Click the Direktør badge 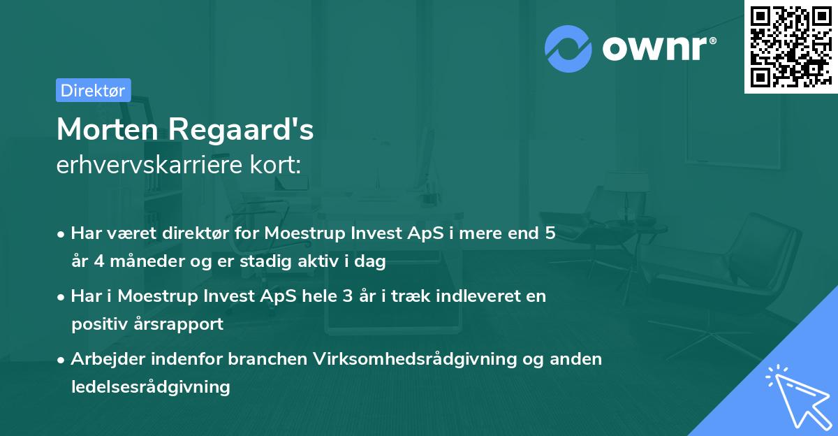93,90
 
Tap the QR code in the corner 790,46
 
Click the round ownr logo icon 568,48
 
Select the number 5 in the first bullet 550,233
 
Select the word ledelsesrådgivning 150,386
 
